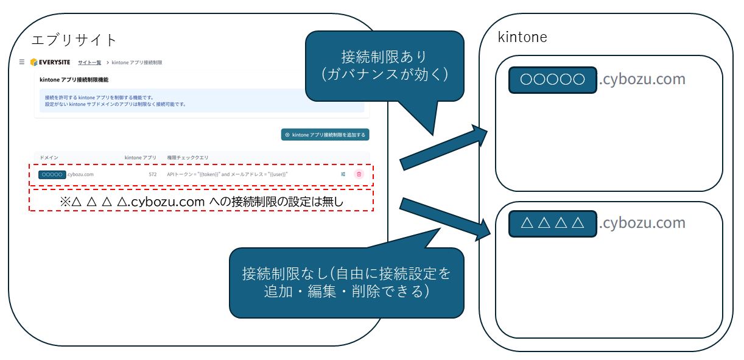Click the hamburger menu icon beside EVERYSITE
tap(22, 62)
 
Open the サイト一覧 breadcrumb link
tap(89, 62)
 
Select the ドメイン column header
tap(49, 158)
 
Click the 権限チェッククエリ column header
tap(188, 158)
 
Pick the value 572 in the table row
tap(152, 174)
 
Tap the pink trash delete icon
tap(359, 174)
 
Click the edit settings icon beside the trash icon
tap(343, 174)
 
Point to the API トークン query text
tap(226, 174)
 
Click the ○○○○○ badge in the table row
tap(52, 174)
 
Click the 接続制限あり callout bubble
tap(384, 65)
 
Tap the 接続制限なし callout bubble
tap(346, 282)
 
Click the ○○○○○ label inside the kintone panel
tap(553, 80)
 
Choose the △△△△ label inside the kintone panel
tap(553, 224)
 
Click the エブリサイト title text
tap(74, 40)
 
